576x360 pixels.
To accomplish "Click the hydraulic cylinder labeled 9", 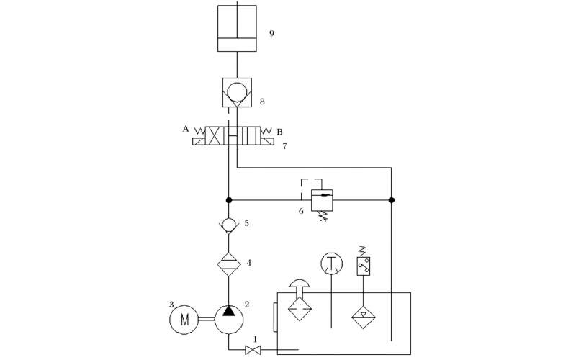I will coord(237,30).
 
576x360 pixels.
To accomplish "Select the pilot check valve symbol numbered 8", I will coord(237,94).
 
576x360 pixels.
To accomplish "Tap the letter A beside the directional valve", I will coord(186,129).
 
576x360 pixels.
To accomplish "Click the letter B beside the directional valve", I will coord(280,132).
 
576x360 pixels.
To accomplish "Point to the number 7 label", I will coord(285,146).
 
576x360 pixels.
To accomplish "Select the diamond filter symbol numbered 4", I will coord(229,263).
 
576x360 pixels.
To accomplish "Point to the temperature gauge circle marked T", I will coord(331,264).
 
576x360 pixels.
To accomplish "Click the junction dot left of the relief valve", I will coord(229,199).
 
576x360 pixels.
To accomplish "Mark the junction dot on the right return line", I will coord(392,199).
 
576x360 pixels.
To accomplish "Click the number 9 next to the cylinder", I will coord(271,33).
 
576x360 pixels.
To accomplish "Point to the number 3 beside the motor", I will coord(171,304).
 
